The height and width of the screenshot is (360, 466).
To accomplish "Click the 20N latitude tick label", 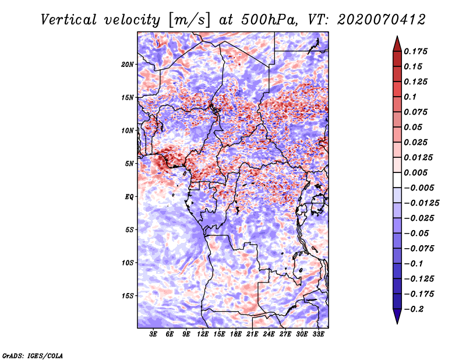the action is (128, 64).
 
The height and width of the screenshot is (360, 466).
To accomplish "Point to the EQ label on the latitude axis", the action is (129, 197).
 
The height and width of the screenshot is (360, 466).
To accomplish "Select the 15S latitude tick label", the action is (128, 296).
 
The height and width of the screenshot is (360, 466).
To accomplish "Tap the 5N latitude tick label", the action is (129, 164).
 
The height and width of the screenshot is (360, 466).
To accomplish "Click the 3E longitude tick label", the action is (153, 334).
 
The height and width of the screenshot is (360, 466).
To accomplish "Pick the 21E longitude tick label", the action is (252, 334).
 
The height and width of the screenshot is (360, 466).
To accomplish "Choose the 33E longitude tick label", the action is (318, 334).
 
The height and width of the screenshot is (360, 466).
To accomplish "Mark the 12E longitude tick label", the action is (202, 334).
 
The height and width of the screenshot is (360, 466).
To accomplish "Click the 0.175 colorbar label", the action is (415, 51).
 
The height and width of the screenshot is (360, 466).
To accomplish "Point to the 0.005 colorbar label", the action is (415, 172).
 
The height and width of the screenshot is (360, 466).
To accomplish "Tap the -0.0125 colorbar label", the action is (421, 203).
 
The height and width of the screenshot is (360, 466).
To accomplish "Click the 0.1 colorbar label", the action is (410, 97).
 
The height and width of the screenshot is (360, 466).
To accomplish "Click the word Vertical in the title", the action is (69, 20).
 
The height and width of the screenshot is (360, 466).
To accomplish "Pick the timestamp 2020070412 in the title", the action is (382, 20).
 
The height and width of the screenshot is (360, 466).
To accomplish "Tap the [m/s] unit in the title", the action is (189, 20).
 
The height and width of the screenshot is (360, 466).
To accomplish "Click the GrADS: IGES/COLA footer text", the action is (33, 355).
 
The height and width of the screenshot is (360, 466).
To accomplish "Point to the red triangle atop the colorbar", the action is (397, 44).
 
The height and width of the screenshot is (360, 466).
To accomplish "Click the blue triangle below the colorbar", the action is (397, 316).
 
